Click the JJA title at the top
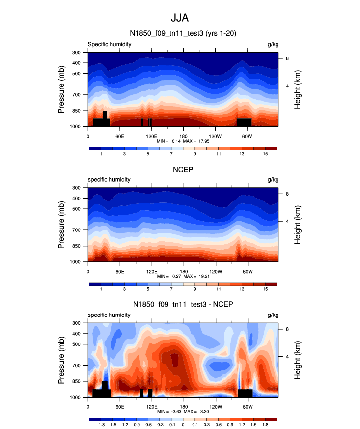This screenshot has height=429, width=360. (179, 18)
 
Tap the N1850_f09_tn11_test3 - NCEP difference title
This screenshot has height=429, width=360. (183, 305)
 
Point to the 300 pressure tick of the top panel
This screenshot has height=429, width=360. (76, 53)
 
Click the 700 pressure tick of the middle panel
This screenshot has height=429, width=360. (76, 230)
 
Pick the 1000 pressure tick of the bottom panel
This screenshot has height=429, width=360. (75, 397)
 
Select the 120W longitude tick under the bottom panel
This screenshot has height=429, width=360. (215, 406)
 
